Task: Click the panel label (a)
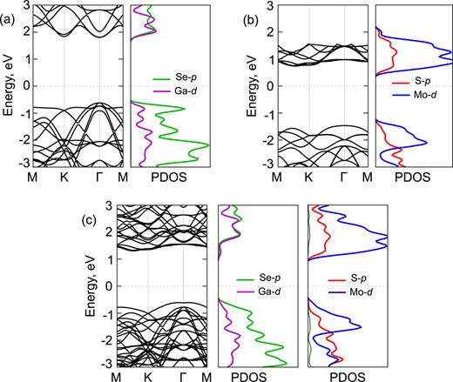10,11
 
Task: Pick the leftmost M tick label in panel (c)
116,379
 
